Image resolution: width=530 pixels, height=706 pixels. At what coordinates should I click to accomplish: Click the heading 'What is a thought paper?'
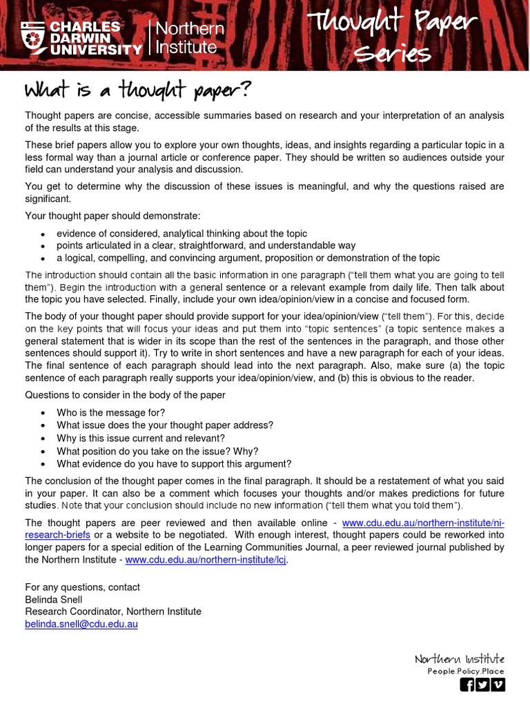[138, 90]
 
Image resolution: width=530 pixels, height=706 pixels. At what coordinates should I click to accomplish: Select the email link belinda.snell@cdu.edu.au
[81, 624]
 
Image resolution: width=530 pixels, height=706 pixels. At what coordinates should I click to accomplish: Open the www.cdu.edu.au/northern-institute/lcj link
[206, 560]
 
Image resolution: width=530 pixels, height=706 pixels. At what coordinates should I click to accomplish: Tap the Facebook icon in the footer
[467, 685]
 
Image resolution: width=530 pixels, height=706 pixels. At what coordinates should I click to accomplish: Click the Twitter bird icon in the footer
[482, 685]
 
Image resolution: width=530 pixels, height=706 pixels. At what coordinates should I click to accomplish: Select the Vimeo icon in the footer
[498, 685]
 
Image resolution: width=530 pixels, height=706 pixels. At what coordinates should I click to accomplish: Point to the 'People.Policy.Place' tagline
[466, 671]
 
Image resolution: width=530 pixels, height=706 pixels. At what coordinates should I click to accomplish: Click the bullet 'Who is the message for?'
[110, 412]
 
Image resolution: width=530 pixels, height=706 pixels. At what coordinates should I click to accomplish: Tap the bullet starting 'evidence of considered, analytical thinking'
[181, 233]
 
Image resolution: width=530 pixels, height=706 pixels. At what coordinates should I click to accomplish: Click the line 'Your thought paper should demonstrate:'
[112, 215]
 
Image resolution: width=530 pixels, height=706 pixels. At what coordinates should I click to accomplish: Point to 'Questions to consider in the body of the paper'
[125, 395]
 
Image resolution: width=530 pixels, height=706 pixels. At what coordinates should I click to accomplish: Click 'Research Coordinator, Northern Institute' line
[113, 612]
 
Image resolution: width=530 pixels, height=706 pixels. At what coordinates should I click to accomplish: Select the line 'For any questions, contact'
[82, 587]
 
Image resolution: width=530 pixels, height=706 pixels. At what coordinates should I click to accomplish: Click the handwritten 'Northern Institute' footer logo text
[460, 659]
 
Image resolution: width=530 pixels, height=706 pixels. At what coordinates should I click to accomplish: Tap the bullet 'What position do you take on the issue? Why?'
[157, 451]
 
